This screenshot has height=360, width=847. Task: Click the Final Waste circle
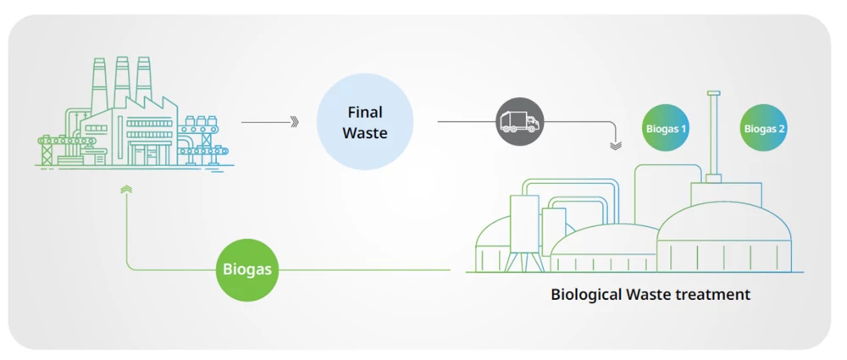coord(364,122)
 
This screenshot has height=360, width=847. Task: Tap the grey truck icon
coord(519,122)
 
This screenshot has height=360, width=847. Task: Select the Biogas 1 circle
coord(666,128)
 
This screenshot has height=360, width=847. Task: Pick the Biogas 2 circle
coord(764,128)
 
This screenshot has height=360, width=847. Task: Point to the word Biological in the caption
coord(585,295)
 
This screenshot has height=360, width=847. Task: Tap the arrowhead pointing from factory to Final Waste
coord(295,122)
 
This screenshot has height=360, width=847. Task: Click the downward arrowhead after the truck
coord(616,146)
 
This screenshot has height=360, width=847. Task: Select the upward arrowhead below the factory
coord(126,191)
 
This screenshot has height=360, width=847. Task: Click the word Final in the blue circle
coord(364,112)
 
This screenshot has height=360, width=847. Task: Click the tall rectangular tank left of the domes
coord(523,224)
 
